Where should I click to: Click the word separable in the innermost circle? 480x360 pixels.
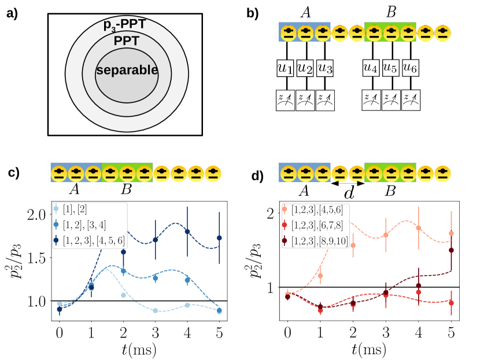point(127,70)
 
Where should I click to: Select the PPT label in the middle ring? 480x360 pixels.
point(127,42)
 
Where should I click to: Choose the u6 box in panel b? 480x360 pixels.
point(410,68)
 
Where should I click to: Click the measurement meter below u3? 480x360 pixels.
point(324,100)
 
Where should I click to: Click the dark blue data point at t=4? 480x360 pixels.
point(187,231)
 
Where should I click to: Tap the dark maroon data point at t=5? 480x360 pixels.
point(451,250)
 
